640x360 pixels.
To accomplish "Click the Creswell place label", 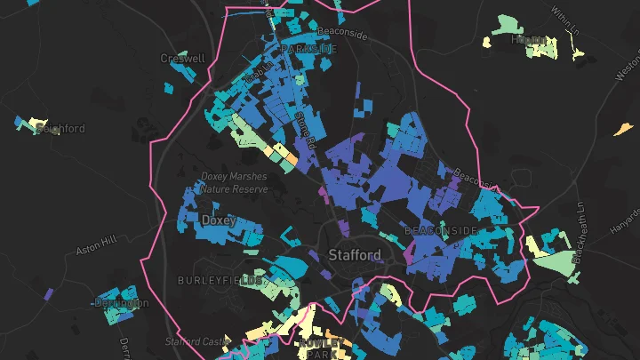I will (182, 59).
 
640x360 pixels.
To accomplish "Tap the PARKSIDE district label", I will (308, 49).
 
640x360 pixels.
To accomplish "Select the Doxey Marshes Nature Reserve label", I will (233, 182).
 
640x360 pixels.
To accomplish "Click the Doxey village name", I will (219, 220).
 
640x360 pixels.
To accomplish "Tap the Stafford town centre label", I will (355, 255).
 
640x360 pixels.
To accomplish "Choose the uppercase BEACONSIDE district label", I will (441, 230).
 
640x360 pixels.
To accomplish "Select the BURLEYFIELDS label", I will (220, 281).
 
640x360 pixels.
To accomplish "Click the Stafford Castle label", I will (196, 341).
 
